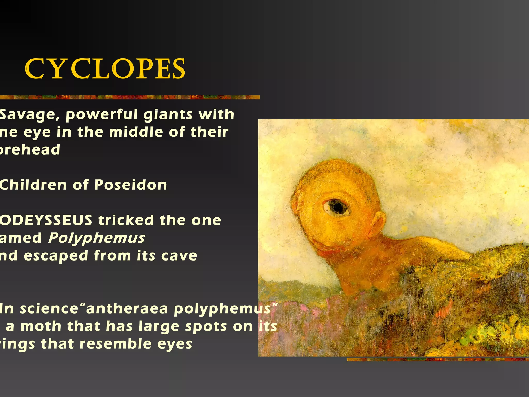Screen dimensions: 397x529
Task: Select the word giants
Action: point(168,115)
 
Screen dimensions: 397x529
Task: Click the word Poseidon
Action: point(131,185)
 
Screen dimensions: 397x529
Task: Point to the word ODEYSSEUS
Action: point(46,220)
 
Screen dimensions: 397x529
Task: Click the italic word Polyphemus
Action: point(97,238)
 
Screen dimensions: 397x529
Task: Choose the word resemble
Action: point(115,344)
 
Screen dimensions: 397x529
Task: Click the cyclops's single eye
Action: point(336,207)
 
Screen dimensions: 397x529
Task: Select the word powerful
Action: point(102,115)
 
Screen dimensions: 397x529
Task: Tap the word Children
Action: point(33,185)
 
